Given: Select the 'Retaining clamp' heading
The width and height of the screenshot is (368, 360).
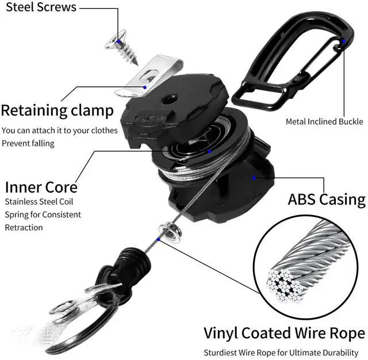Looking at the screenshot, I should tap(57, 110).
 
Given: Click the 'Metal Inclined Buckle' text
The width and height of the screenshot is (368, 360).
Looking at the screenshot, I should tap(324, 121).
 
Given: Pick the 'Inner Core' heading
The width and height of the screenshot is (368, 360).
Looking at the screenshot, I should tap(41, 187).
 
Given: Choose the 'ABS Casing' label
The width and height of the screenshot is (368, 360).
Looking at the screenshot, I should tap(326, 200).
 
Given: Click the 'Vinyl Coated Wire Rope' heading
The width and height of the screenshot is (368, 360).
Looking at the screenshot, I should tap(284, 334).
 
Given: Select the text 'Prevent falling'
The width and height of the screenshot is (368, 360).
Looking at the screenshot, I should tap(28, 143).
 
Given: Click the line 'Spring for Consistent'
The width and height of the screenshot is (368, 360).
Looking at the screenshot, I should tap(43, 215).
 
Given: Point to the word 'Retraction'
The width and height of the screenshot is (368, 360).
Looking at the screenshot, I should tap(24, 227).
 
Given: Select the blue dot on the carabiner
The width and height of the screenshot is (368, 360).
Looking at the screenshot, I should tap(344, 41).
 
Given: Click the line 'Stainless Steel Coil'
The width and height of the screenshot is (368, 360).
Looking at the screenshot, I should tap(39, 202).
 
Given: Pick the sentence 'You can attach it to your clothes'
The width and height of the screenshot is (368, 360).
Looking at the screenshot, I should tap(60, 131).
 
